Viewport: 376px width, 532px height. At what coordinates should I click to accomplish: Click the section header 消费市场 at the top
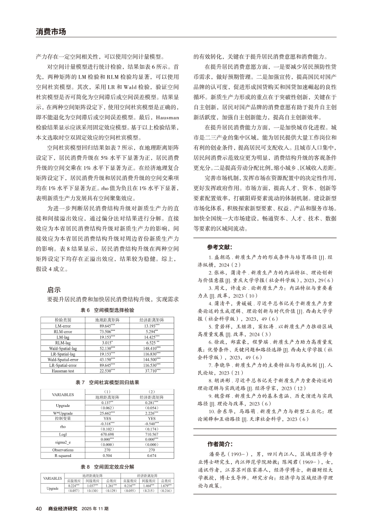tap(51, 32)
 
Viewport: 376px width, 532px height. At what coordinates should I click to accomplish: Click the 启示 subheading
tap(54, 289)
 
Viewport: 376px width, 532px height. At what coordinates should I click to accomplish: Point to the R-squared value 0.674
tap(152, 457)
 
